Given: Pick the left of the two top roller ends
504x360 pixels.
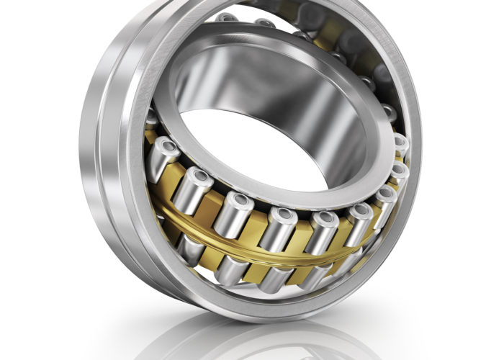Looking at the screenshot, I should tap(228, 17).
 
